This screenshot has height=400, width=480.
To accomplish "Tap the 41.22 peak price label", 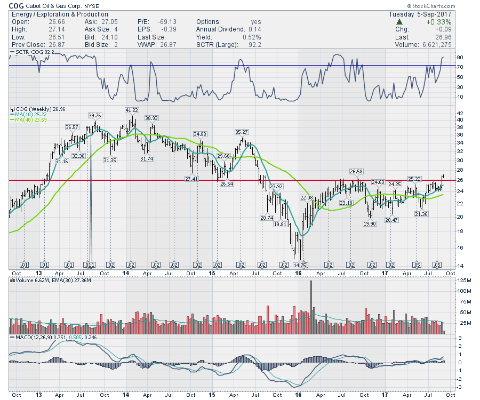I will click(131, 110).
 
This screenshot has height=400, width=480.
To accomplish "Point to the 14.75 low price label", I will click(300, 265).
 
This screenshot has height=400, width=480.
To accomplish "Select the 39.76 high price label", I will click(94, 115).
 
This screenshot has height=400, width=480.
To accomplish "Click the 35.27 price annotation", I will click(242, 131).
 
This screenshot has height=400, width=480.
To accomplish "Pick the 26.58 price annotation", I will click(356, 172).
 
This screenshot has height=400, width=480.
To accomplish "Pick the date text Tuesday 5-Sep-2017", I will click(421, 14).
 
